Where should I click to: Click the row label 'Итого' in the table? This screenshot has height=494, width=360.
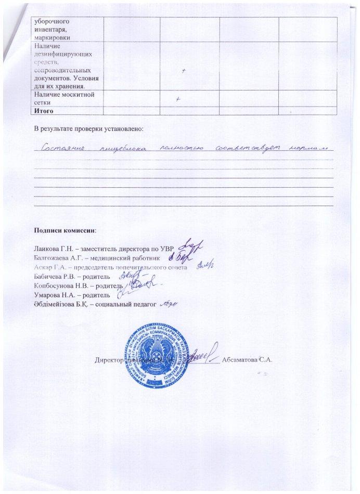(x=44, y=111)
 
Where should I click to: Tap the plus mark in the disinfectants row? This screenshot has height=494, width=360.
(x=184, y=72)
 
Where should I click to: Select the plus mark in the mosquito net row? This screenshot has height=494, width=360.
(x=178, y=98)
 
